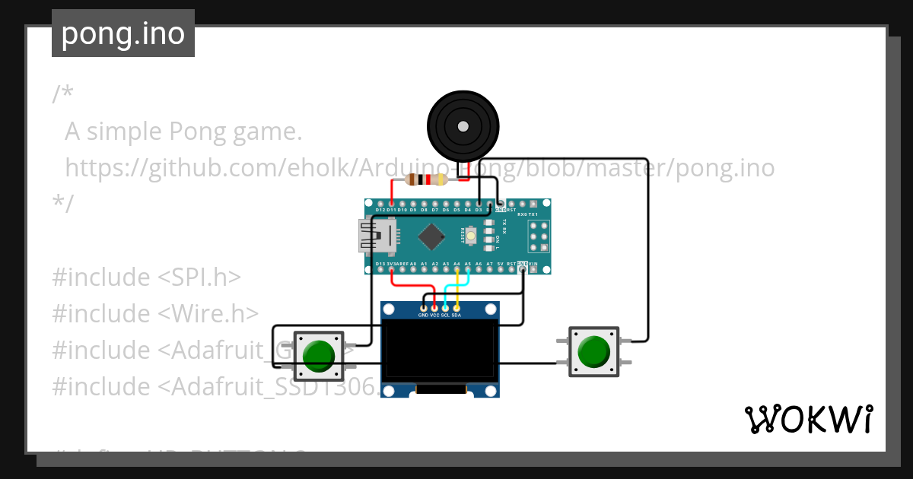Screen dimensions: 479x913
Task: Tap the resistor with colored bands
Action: coord(427,180)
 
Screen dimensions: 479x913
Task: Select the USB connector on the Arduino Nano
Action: coord(376,236)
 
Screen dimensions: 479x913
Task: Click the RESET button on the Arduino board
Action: coord(471,236)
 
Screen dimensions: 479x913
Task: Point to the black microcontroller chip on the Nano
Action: coord(431,236)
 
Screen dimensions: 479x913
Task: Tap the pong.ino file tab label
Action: coord(123,33)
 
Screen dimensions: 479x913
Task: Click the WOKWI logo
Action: coord(808,419)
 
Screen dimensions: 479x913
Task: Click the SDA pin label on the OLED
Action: coord(456,315)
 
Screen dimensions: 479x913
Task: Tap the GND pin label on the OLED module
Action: coord(423,315)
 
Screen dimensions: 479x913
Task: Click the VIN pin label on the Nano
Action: coord(533,264)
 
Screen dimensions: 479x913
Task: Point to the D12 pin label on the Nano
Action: coord(380,209)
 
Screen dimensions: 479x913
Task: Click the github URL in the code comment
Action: coord(419,168)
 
